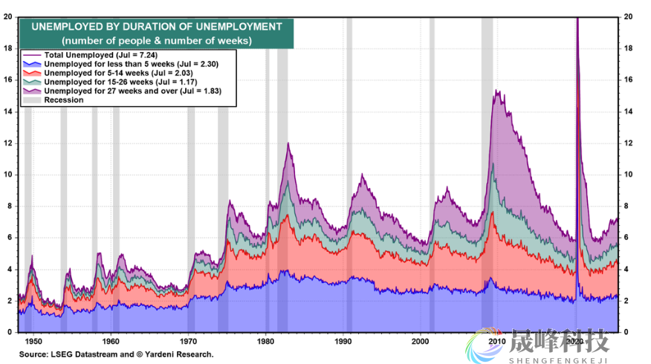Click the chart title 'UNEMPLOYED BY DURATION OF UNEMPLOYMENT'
coord(156,27)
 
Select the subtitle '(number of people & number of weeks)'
coord(156,40)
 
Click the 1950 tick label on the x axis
coord(33,342)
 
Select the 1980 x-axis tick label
coord(265,342)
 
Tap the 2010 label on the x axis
coord(497,342)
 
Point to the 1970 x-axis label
coord(188,342)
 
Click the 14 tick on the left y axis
coord(9,111)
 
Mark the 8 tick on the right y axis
coord(628,207)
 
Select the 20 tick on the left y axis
coord(9,16)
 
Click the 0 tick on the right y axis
coord(628,332)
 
